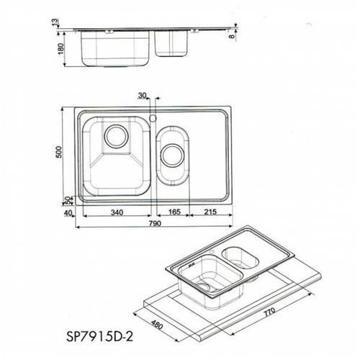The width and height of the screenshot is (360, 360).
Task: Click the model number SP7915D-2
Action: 99,336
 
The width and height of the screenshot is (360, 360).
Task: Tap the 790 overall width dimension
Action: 155,223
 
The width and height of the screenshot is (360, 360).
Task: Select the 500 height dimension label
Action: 59,152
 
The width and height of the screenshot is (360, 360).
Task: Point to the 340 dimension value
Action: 117,212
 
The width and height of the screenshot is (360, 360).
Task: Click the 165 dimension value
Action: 174,212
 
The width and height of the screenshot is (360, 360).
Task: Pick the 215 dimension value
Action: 210,212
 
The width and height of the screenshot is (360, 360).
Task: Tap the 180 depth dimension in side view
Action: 61,48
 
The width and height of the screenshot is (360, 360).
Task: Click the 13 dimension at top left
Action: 55,22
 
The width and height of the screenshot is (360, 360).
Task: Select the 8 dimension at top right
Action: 232,37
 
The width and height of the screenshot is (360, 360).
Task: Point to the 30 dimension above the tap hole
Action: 142,95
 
